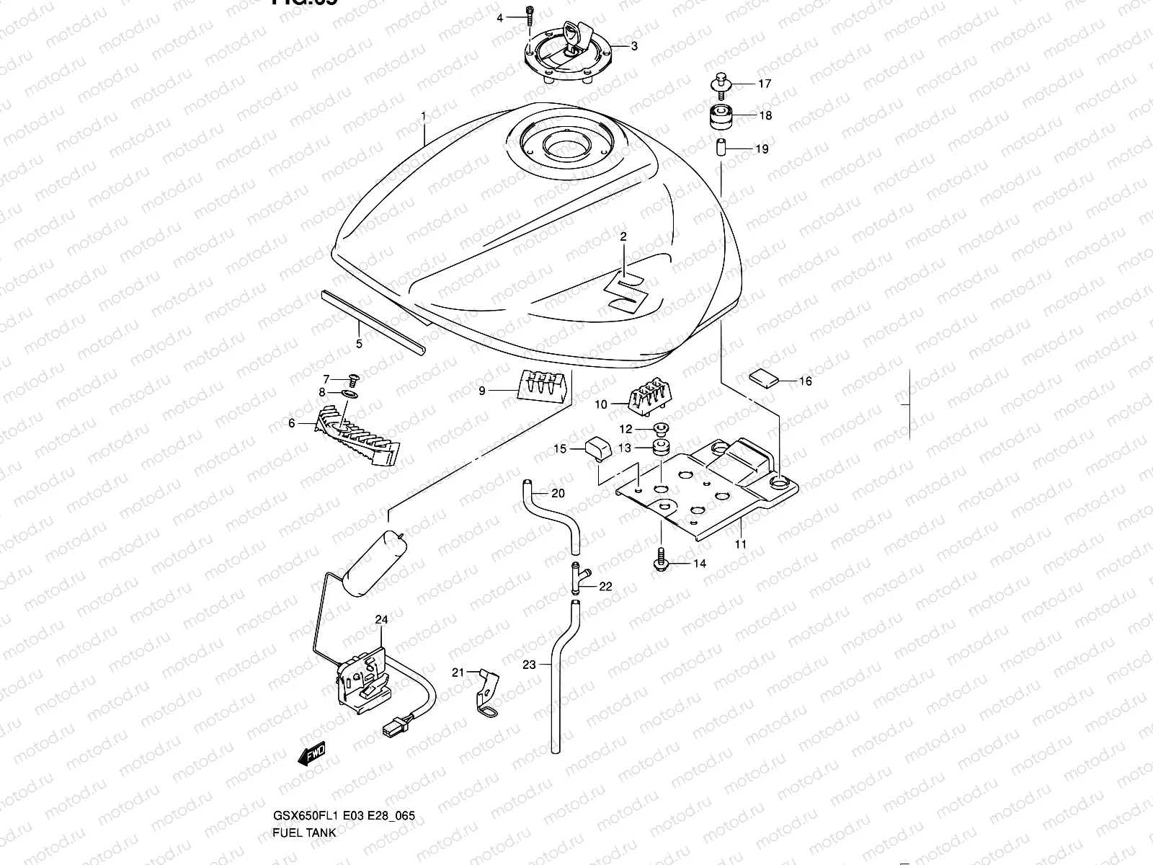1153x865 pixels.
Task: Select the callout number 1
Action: (x=424, y=115)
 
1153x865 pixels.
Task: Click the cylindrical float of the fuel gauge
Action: (x=377, y=562)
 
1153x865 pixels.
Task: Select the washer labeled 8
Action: (x=349, y=394)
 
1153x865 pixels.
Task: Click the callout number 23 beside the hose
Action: (x=529, y=665)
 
